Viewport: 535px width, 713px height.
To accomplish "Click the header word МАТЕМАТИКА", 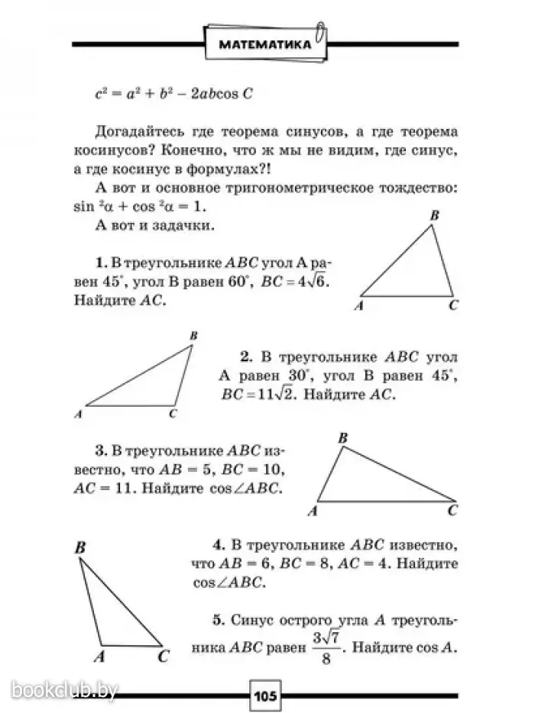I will click(x=264, y=45).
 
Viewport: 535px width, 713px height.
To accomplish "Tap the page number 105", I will click(x=267, y=695).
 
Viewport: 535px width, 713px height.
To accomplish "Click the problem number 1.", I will click(x=100, y=261).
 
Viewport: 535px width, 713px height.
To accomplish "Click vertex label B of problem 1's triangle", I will click(x=433, y=217).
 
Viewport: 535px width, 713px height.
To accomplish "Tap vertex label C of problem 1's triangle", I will click(x=453, y=306).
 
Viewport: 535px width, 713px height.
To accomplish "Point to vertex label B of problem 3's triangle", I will click(x=342, y=437).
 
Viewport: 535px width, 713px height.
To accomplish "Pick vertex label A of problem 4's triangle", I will click(x=99, y=655).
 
